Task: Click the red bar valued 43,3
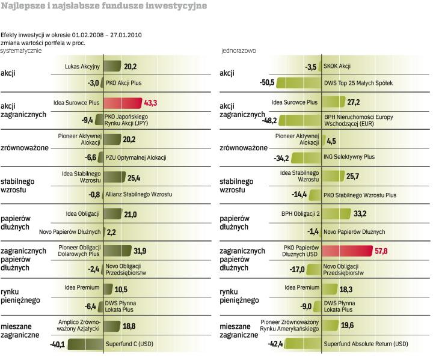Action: point(123,103)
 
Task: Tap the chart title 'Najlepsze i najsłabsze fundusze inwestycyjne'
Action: point(104,6)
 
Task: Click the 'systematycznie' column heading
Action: point(22,50)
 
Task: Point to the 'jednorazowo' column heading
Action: point(239,50)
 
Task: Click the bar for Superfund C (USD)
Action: point(85,344)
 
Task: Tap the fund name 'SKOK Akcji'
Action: point(337,67)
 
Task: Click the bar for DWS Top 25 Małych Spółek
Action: point(300,83)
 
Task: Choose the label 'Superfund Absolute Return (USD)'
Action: point(366,344)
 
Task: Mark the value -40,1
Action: point(58,344)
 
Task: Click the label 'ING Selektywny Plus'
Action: point(349,157)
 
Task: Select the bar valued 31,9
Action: point(117,251)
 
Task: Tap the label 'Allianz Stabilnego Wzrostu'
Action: point(139,195)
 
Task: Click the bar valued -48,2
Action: point(301,120)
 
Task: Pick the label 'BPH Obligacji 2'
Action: point(300,213)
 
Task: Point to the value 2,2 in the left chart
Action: point(111,232)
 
